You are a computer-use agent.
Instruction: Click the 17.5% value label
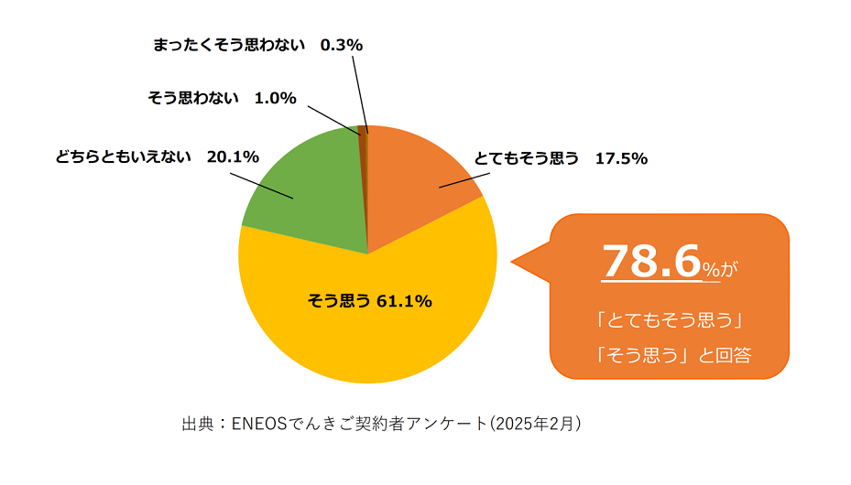[x=621, y=158]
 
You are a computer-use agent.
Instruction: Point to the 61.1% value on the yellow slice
[x=404, y=301]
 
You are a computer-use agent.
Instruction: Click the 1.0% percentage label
[x=276, y=98]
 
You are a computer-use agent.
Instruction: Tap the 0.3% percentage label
[x=342, y=44]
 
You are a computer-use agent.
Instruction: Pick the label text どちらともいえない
[x=125, y=156]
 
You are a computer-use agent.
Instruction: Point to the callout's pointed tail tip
[x=512, y=266]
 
